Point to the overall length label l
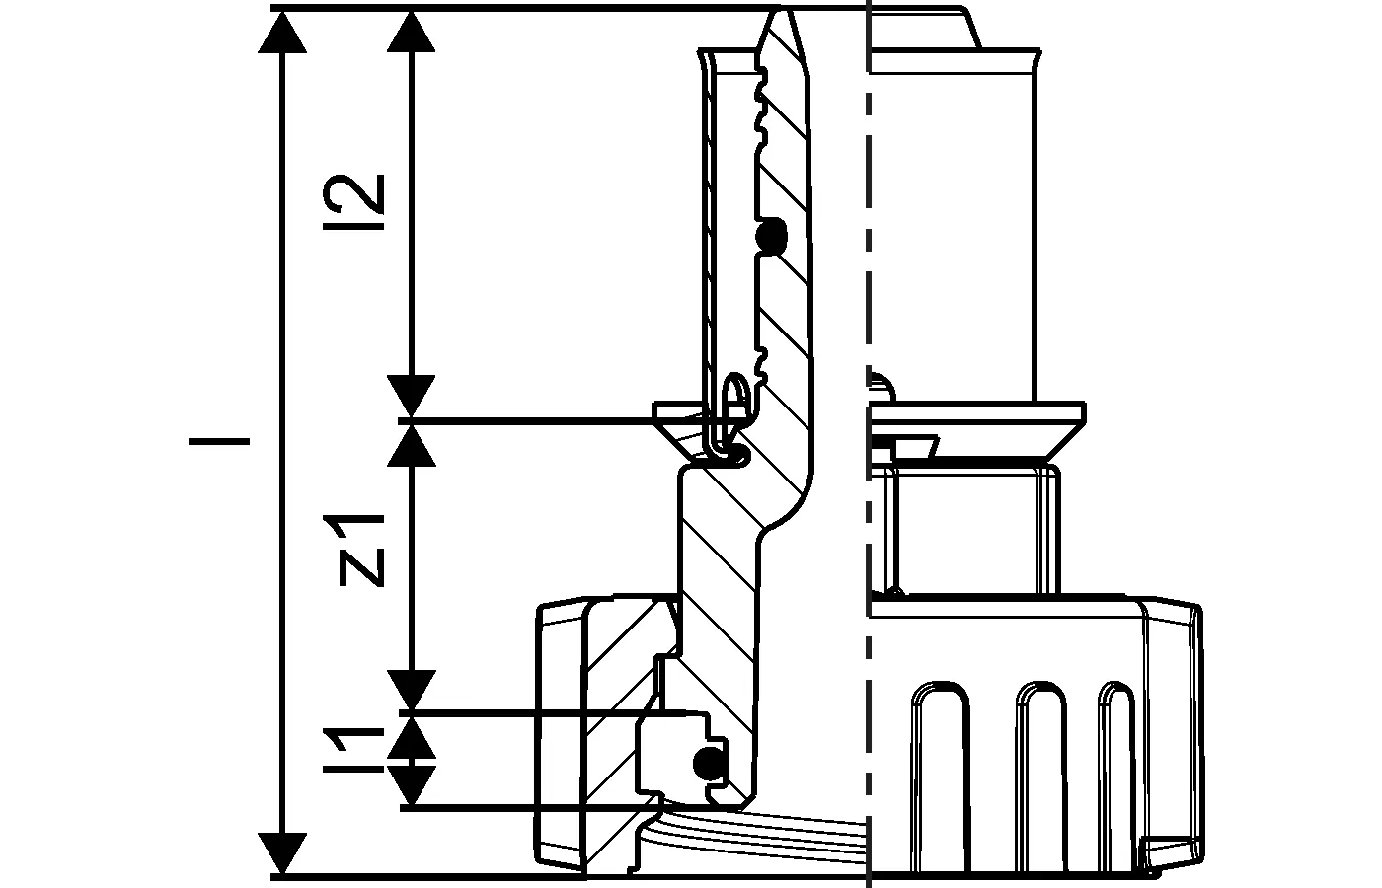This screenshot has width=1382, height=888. click(x=219, y=441)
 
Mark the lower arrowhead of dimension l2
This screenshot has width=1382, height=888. click(x=411, y=397)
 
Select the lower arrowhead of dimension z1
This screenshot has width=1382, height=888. click(x=411, y=689)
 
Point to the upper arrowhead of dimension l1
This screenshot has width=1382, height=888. click(x=411, y=734)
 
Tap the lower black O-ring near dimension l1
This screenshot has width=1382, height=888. click(x=708, y=762)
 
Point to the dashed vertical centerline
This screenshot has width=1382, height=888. click(x=868, y=296)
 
